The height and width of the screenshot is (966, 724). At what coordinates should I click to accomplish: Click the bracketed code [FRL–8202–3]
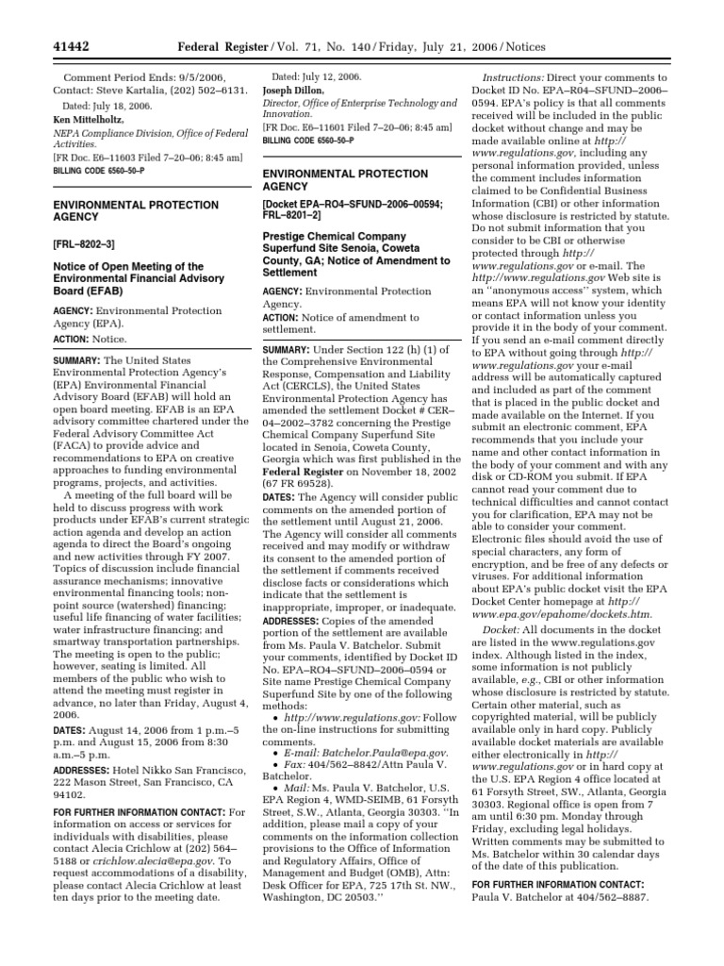coord(83,242)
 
